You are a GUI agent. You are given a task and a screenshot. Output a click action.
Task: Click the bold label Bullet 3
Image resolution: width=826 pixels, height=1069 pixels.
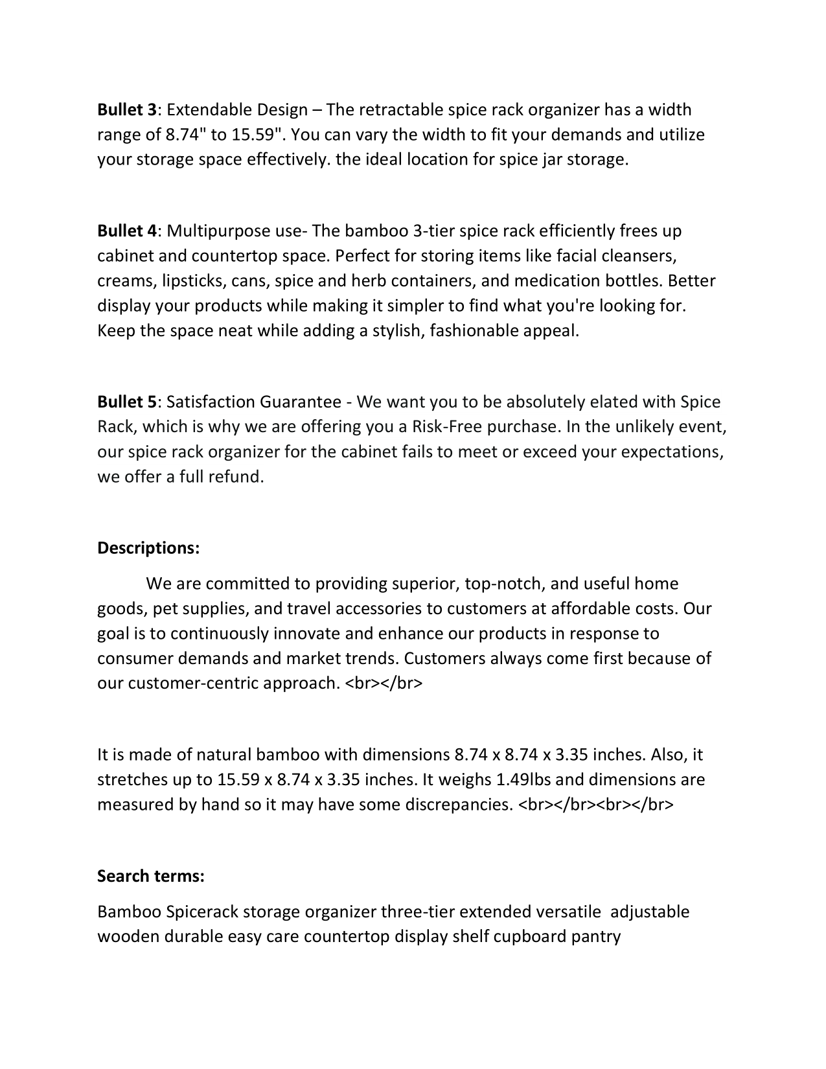pyautogui.click(x=127, y=110)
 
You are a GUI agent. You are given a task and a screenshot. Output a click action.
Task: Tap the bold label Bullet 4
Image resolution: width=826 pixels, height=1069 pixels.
pyautogui.click(x=127, y=231)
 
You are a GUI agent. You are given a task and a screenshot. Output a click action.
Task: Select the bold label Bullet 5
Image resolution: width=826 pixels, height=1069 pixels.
pyautogui.click(x=127, y=402)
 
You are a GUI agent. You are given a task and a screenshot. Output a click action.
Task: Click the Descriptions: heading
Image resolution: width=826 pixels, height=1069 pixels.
pyautogui.click(x=148, y=548)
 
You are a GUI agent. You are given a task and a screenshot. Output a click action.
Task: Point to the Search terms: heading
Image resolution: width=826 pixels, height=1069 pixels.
pyautogui.click(x=151, y=877)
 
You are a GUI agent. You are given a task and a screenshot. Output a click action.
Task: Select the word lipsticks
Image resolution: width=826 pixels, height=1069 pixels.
pyautogui.click(x=194, y=281)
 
